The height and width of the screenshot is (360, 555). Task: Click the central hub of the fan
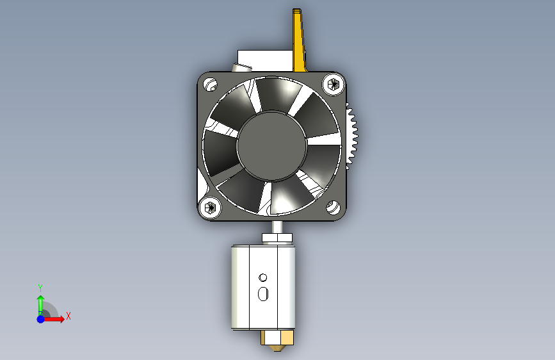click(x=272, y=146)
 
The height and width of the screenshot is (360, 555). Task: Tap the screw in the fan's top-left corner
click(x=210, y=85)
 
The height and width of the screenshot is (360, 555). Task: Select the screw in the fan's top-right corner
click(x=333, y=85)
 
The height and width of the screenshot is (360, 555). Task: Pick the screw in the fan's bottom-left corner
click(x=210, y=208)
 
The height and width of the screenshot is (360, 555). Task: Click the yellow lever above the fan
click(x=300, y=40)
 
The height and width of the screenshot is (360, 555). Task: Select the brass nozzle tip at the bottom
click(x=277, y=348)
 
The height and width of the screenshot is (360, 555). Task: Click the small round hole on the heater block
click(x=263, y=277)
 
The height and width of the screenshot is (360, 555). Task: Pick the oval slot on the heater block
click(x=263, y=294)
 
